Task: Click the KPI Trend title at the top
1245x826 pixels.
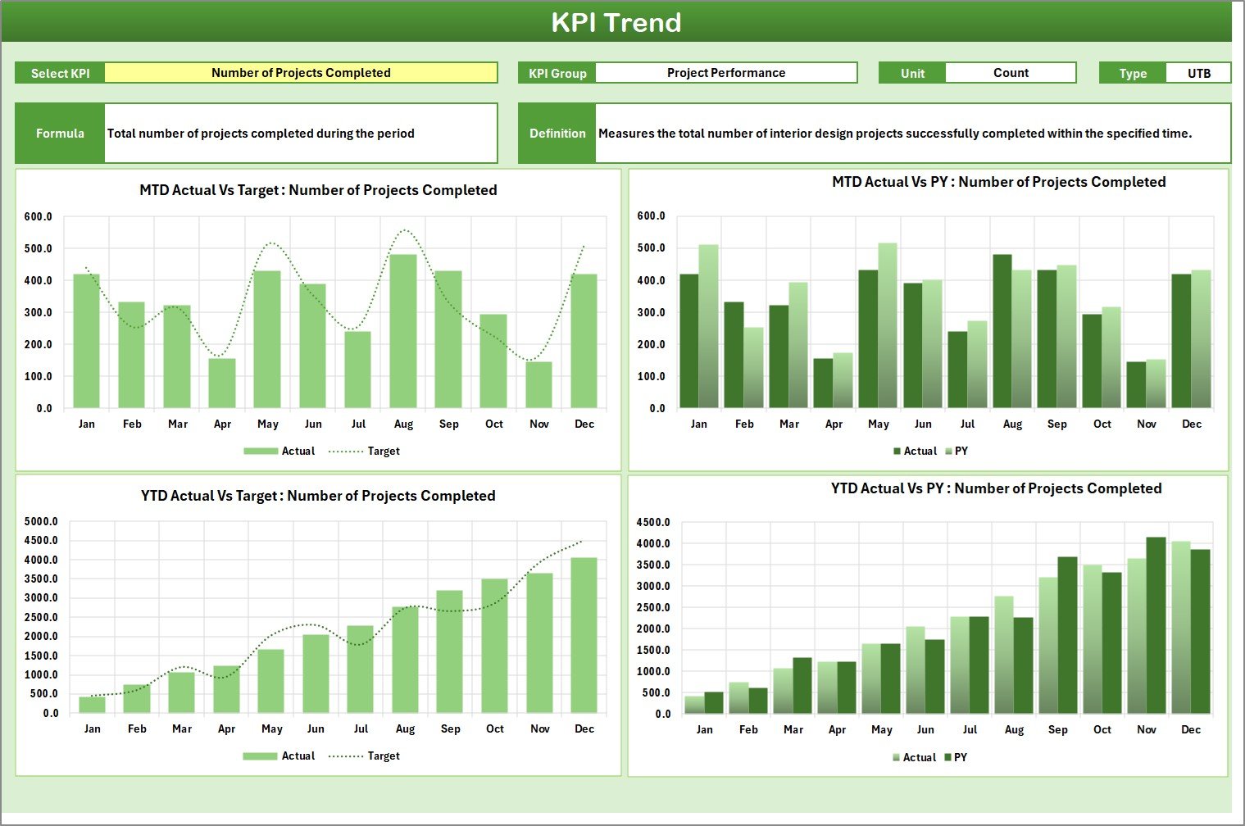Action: (616, 22)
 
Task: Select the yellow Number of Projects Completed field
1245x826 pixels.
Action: (301, 73)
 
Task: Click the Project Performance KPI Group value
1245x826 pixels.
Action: (725, 73)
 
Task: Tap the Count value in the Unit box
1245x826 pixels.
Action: (1010, 73)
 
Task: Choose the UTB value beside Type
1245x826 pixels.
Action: (1198, 73)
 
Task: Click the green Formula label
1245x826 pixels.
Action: (60, 134)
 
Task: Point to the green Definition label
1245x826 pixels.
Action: (557, 134)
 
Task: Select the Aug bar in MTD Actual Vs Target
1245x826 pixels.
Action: (403, 332)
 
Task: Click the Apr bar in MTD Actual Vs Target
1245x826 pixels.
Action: (222, 383)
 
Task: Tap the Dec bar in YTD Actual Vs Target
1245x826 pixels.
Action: (584, 635)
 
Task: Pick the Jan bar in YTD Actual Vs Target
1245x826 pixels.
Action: (92, 704)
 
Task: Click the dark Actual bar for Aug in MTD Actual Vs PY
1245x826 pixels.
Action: (1002, 332)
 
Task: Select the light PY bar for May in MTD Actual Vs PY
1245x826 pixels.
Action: (888, 326)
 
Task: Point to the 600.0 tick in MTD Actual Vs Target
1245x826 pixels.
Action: (38, 217)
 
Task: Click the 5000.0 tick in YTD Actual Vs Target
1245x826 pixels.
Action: (41, 522)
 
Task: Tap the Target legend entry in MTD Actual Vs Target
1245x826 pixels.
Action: (383, 452)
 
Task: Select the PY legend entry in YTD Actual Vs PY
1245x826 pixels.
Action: (960, 758)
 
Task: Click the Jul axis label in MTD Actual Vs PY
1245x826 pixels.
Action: (967, 424)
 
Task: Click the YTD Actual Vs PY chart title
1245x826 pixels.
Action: (996, 488)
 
